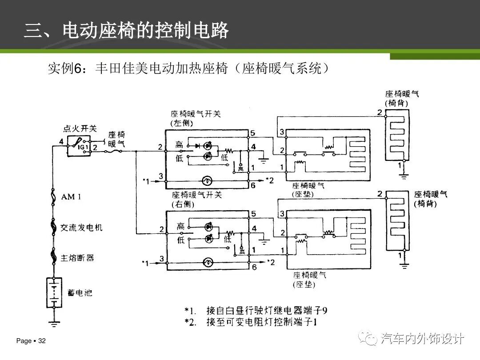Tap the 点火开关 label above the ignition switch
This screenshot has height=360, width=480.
click(80, 128)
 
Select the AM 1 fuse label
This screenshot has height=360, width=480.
click(71, 197)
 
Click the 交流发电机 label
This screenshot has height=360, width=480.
click(81, 228)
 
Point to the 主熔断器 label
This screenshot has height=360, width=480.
click(77, 258)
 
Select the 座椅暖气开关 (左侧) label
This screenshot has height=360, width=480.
click(195, 118)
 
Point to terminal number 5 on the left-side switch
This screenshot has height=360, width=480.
click(252, 133)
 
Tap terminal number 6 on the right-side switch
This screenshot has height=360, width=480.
click(254, 268)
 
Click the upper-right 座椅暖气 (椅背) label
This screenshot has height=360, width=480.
click(402, 98)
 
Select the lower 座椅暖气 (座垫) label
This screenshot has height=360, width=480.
click(309, 280)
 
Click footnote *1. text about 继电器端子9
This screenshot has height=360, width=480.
click(258, 310)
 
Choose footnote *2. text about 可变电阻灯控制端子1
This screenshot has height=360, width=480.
click(258, 322)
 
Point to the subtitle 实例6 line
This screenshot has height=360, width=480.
click(189, 69)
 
